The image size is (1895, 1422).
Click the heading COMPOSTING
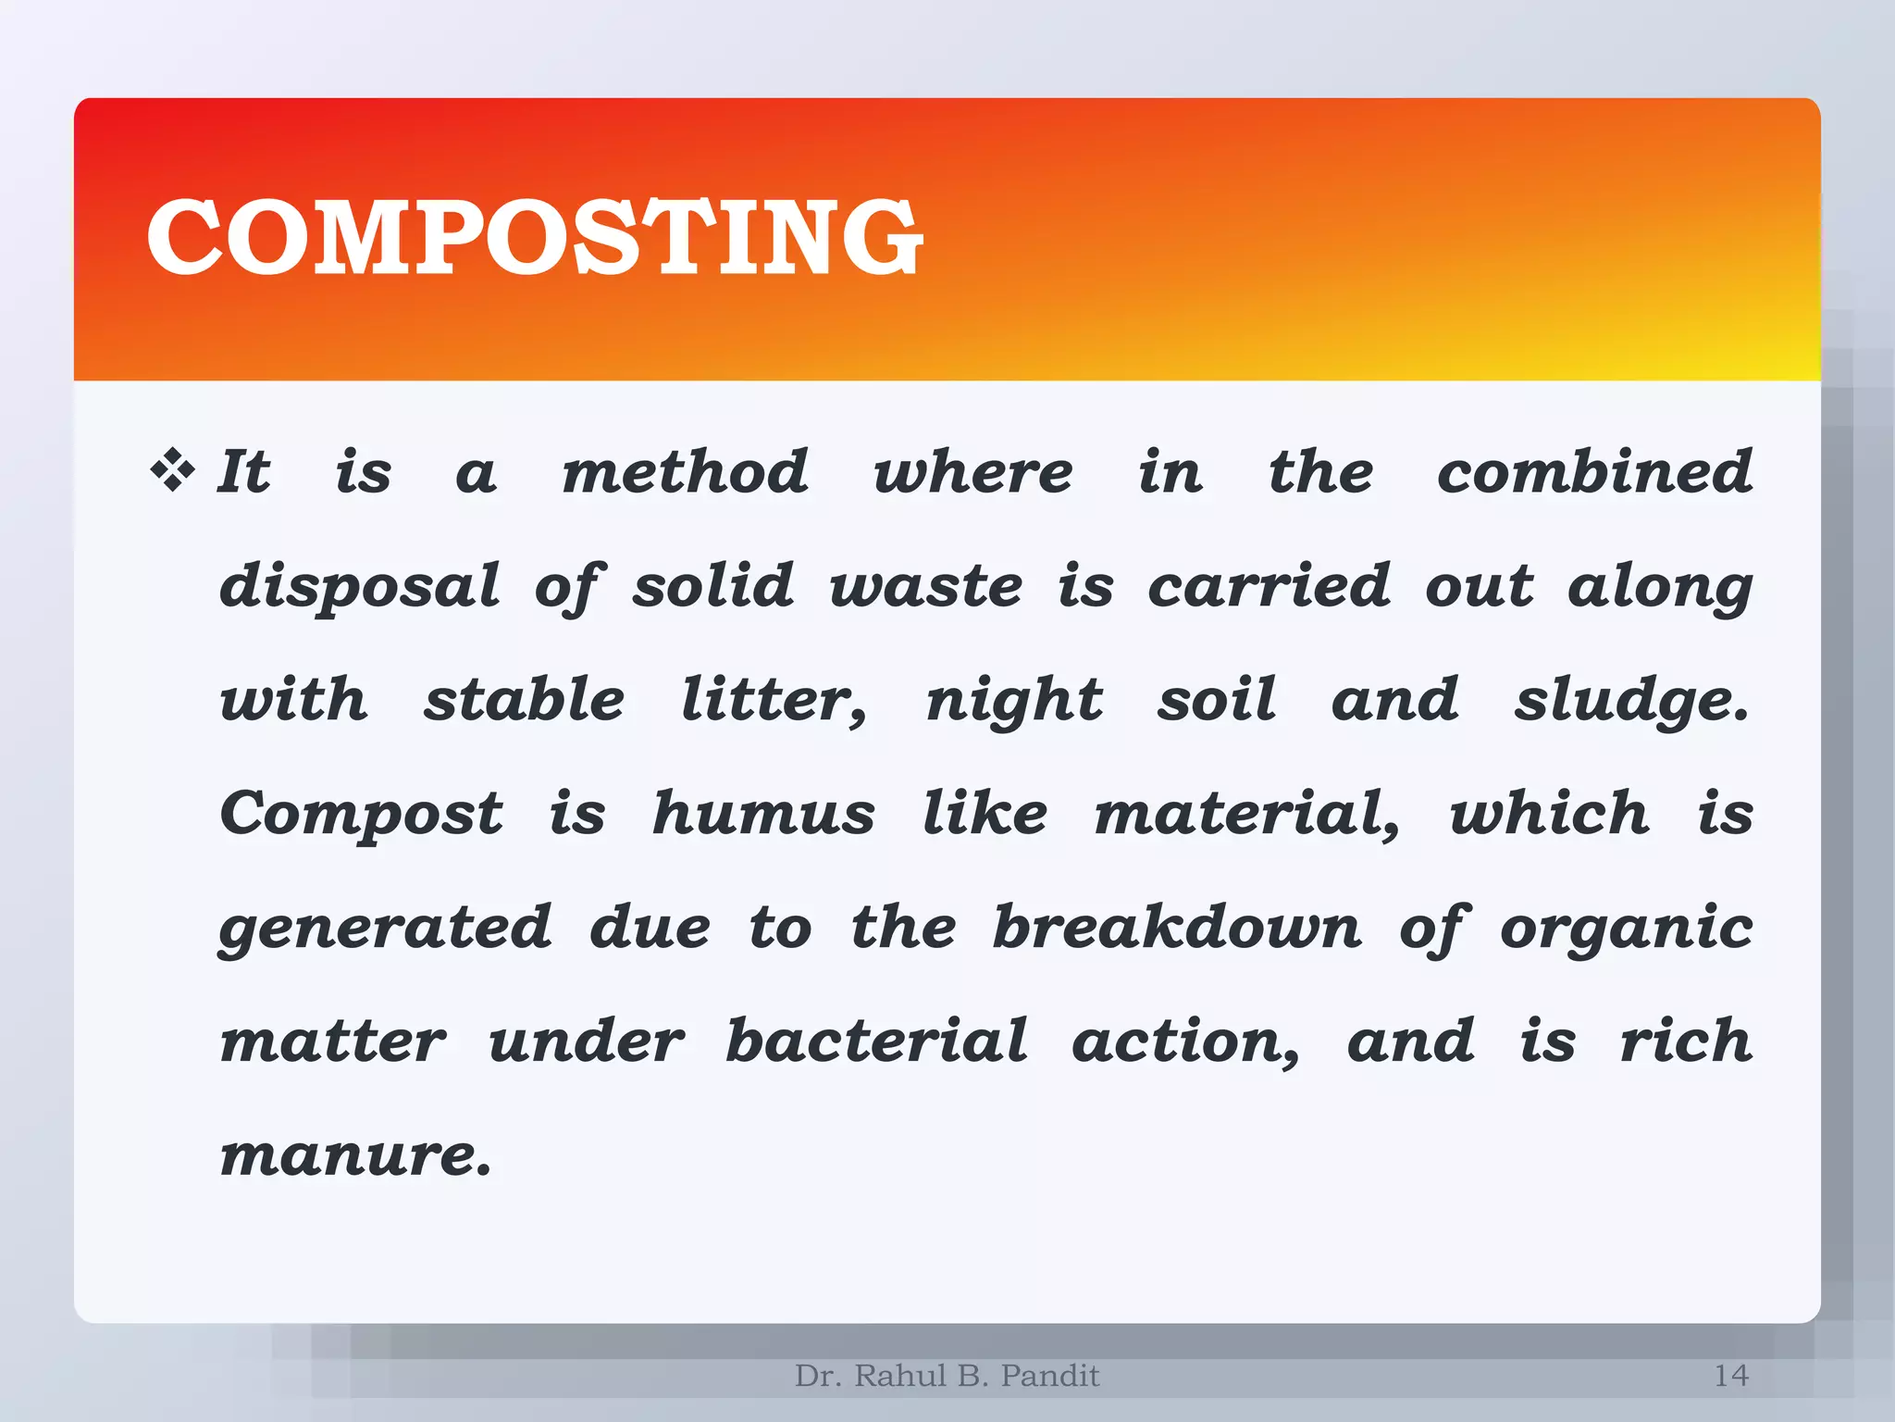pyautogui.click(x=535, y=238)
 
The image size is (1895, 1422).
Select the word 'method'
pyautogui.click(x=686, y=471)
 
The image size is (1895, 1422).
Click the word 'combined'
pyautogui.click(x=1594, y=471)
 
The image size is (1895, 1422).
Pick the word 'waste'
pyautogui.click(x=925, y=587)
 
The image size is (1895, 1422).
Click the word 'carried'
pyautogui.click(x=1269, y=586)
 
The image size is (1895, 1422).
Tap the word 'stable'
pyautogui.click(x=524, y=699)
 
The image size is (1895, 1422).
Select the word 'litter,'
pyautogui.click(x=774, y=700)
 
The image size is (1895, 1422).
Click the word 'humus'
pyautogui.click(x=763, y=814)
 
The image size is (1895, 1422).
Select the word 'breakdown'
pyautogui.click(x=1177, y=927)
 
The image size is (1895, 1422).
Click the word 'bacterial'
pyautogui.click(x=876, y=1041)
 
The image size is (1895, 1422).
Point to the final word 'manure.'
pyautogui.click(x=356, y=1155)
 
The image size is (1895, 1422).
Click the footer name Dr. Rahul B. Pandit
pyautogui.click(x=947, y=1376)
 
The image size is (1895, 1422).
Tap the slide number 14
pyautogui.click(x=1730, y=1376)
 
